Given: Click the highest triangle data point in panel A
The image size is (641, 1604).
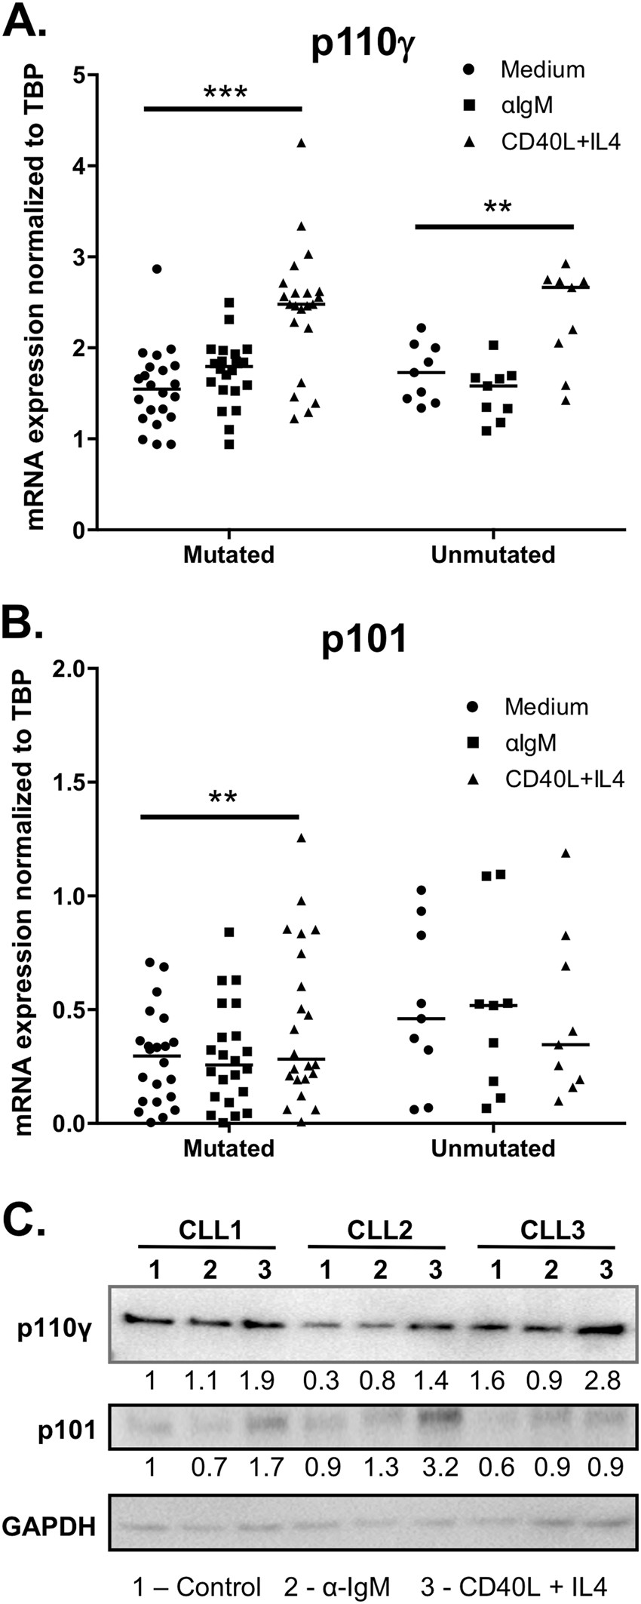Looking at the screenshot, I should [301, 143].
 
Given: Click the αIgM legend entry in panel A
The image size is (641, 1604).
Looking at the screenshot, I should [526, 106].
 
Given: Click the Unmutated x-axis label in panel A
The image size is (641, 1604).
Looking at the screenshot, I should [492, 555].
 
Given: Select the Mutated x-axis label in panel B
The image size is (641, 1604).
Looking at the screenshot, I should [228, 1148].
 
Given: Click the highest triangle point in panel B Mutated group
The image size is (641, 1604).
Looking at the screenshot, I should [302, 838].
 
